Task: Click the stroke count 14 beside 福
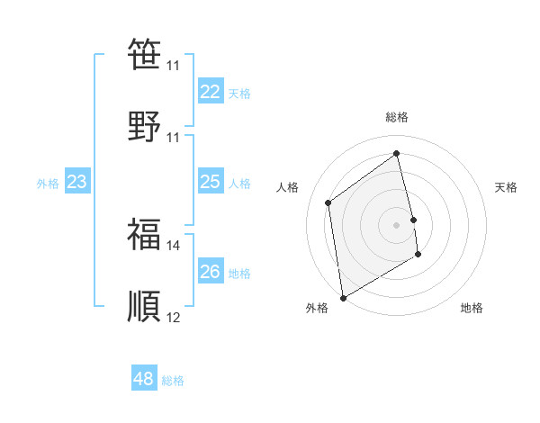pos(173,245)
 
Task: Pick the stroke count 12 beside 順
pos(173,317)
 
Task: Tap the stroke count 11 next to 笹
pos(173,66)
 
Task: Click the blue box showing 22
pos(210,92)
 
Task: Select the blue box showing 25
pos(210,182)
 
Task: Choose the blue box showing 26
pos(210,272)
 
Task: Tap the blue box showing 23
pos(76,182)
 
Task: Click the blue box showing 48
pos(143,379)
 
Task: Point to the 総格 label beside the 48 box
pos(173,381)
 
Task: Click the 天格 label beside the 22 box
pos(238,94)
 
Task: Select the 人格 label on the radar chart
pos(287,187)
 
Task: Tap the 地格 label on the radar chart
pos(472,308)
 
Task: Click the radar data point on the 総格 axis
pos(397,154)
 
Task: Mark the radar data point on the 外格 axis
pos(343,297)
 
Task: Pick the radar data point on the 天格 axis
pos(414,220)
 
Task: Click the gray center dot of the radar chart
pos(397,225)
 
